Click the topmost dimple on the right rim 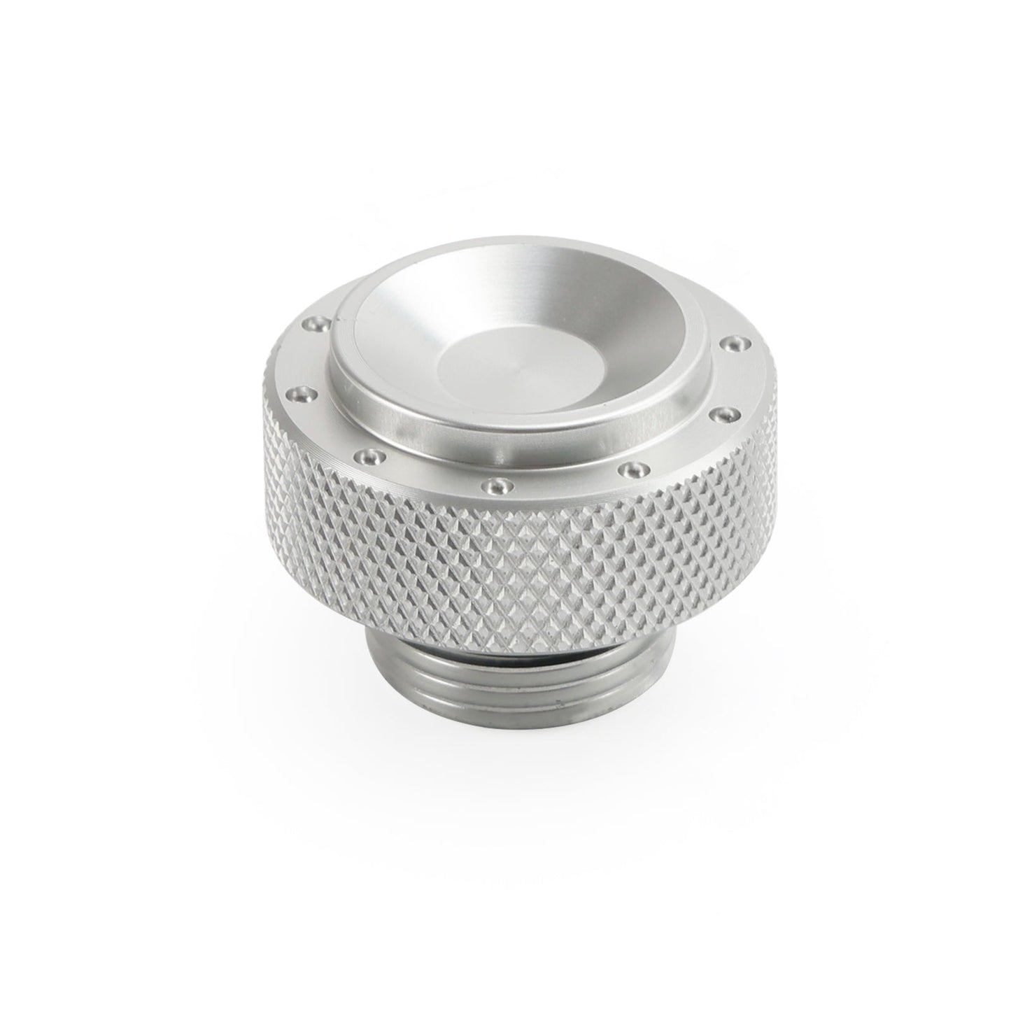click(x=733, y=342)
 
